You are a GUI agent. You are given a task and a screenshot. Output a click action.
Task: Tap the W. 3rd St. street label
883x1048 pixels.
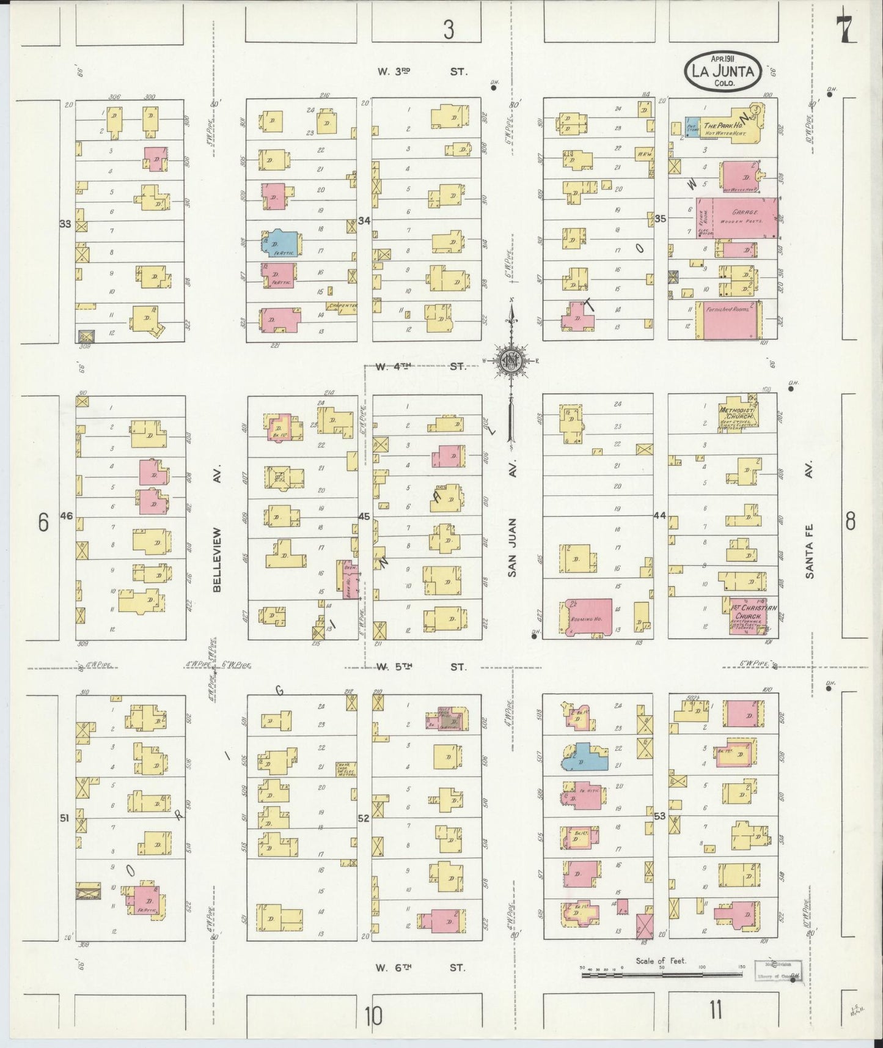[x=422, y=72]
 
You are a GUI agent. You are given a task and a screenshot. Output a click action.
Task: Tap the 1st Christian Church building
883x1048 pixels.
[x=746, y=616]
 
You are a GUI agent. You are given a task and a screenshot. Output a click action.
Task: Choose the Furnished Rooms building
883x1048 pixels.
[x=733, y=320]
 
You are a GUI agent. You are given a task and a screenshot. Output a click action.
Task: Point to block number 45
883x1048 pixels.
[x=364, y=517]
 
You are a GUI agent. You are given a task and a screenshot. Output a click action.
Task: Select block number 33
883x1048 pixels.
[x=65, y=224]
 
